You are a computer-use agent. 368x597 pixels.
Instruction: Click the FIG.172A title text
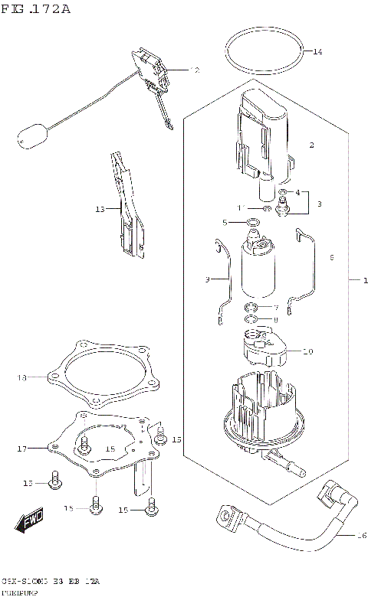click(36, 9)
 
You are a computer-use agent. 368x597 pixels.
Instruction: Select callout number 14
click(317, 51)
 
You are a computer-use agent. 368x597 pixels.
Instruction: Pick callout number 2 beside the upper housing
click(312, 145)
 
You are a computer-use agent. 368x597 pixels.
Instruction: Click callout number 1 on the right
click(355, 281)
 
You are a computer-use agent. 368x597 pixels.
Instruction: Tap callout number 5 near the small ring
click(225, 223)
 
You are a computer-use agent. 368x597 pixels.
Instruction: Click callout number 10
click(308, 352)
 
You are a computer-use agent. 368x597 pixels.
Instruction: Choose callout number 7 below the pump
click(275, 307)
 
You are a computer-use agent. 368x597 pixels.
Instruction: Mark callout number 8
click(275, 320)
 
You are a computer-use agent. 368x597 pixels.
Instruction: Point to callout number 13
click(100, 208)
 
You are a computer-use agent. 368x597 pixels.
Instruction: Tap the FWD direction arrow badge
click(29, 524)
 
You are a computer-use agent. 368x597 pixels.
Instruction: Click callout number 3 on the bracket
click(320, 204)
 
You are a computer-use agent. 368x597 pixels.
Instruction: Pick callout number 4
click(297, 193)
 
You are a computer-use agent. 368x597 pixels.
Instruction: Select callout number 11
click(239, 207)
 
